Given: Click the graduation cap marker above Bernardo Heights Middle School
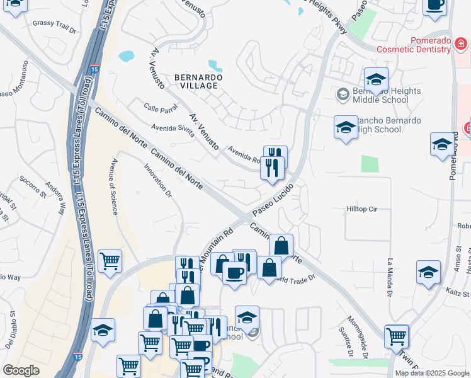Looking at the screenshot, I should click(376, 80).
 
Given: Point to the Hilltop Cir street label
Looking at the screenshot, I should click(361, 208).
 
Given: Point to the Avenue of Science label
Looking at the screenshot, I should click(115, 186).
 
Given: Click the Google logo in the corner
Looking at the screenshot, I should click(21, 370).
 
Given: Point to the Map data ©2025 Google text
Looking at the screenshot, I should click(432, 373).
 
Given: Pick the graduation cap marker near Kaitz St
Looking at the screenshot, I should click(428, 272).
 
